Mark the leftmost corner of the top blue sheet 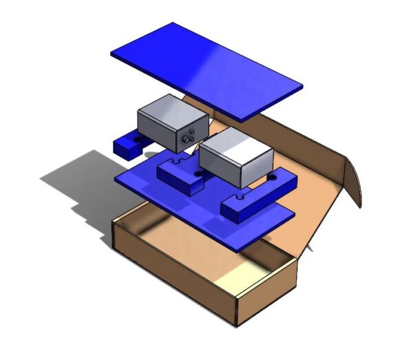[112, 52]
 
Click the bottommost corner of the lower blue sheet [242, 252]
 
